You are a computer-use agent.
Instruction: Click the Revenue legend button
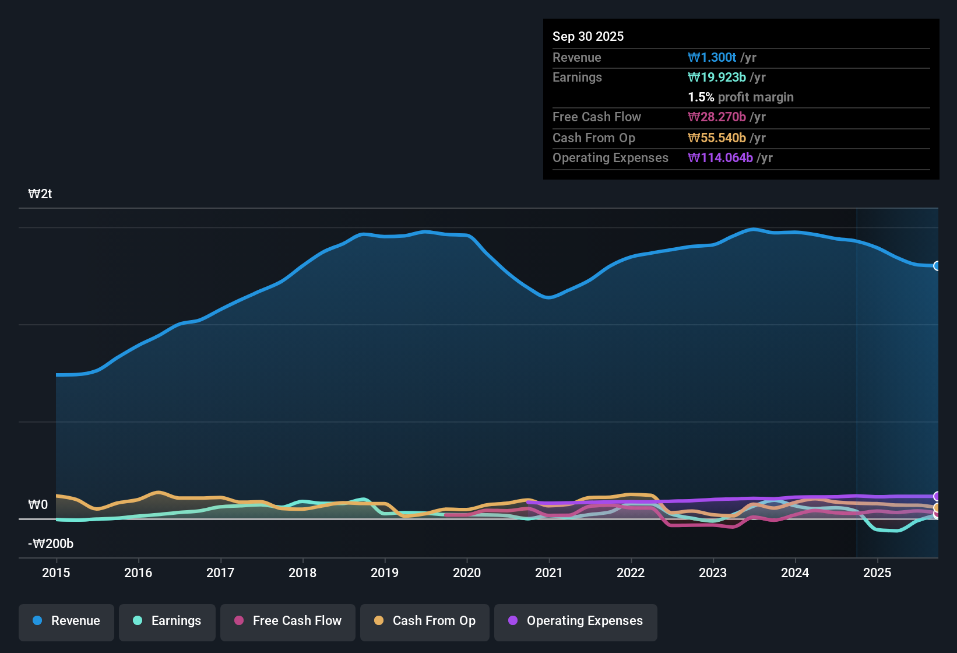66,621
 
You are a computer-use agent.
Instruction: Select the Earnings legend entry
167,621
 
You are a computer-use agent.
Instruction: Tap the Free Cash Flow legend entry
288,621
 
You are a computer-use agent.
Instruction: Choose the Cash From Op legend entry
425,621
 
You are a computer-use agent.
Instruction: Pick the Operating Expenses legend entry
576,621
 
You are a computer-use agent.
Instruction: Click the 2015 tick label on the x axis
56,573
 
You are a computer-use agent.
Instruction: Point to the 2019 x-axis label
385,573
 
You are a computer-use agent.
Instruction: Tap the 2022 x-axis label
631,573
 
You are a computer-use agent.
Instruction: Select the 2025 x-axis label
877,573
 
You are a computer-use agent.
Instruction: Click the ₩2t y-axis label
40,194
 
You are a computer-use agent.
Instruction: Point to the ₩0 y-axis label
38,504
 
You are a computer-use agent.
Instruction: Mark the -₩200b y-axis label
51,544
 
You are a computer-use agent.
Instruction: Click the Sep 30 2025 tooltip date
588,37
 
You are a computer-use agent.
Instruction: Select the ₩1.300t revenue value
712,58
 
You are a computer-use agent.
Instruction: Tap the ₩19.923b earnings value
717,78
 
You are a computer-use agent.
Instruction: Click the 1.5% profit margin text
741,97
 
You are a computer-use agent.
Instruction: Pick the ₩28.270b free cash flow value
717,117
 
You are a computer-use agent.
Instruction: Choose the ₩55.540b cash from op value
717,138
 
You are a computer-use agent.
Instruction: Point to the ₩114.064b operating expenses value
720,158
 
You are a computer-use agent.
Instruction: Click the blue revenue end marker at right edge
937,266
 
